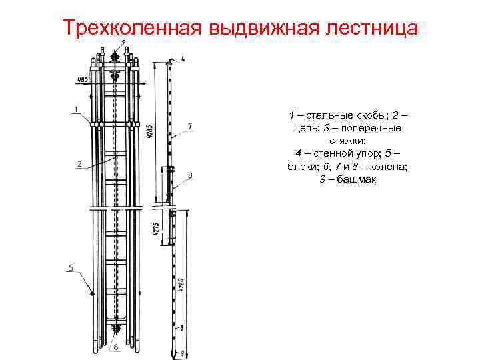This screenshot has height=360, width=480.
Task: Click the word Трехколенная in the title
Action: (132, 29)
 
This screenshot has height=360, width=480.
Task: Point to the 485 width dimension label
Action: (83, 80)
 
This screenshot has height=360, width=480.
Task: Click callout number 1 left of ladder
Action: (76, 109)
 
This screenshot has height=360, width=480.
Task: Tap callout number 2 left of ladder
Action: (79, 163)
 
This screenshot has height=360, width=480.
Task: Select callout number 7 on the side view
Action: (190, 125)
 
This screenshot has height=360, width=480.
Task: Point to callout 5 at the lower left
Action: (71, 267)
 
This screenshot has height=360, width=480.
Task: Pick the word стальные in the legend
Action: (327, 115)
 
